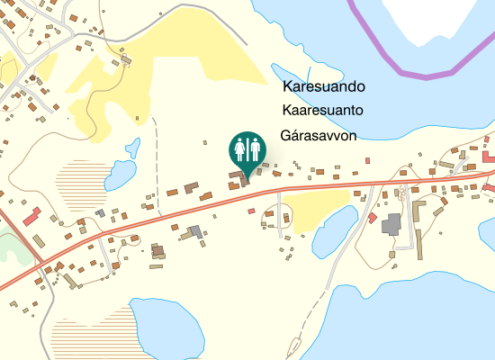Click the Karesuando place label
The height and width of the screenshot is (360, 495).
coord(323,87)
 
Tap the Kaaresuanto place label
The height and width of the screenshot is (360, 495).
coord(322,111)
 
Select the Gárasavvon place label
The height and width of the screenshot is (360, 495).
coord(319,136)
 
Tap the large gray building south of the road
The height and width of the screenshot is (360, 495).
coord(393,224)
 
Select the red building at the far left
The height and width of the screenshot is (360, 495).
coord(32,216)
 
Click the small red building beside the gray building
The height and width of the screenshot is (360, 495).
coord(373,218)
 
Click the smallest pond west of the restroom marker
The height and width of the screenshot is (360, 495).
coord(134,145)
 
